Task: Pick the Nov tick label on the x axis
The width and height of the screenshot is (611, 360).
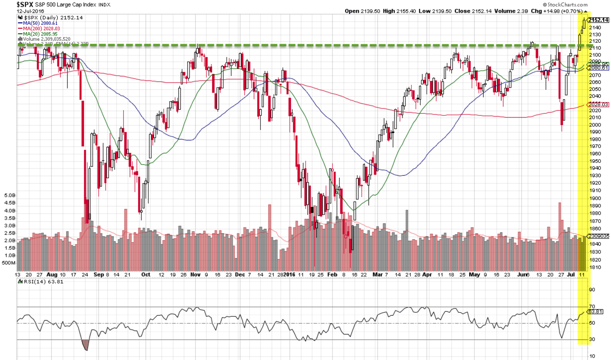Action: pos(195,274)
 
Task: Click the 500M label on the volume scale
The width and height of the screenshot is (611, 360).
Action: pos(9,263)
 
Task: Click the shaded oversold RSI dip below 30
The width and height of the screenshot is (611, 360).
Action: pos(85,345)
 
